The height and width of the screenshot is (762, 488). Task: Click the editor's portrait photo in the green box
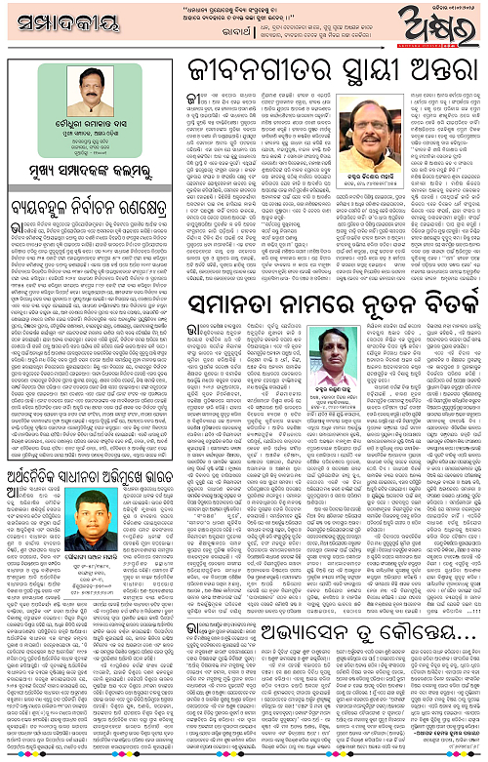(87, 86)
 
